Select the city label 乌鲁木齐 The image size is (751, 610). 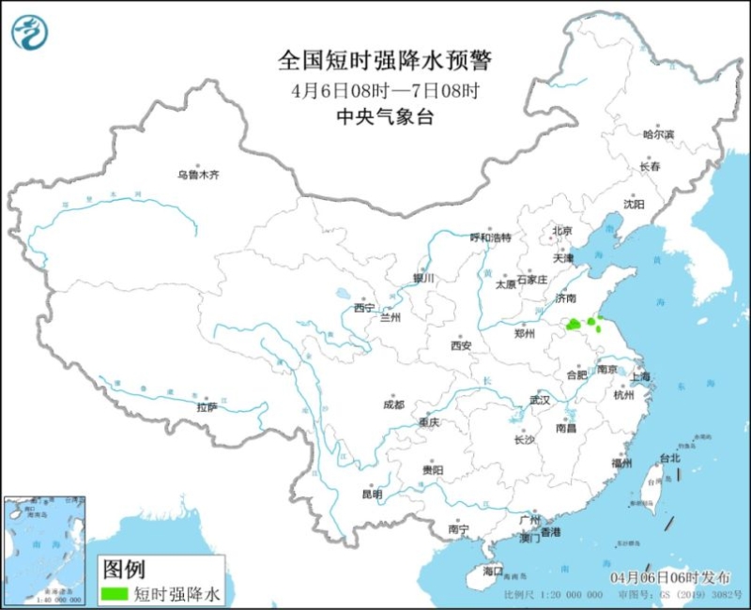[x=198, y=175]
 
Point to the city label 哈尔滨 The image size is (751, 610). [x=658, y=135]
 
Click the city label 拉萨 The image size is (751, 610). [x=207, y=406]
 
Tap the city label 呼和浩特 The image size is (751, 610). [x=490, y=237]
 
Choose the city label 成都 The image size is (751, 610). [x=393, y=404]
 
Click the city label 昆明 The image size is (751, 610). [x=372, y=494]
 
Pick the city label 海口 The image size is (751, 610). [x=493, y=571]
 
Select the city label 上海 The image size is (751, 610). [x=641, y=376]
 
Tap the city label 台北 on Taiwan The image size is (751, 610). [x=669, y=459]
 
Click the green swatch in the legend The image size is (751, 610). [x=115, y=592]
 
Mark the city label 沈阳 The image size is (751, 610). [x=635, y=204]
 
